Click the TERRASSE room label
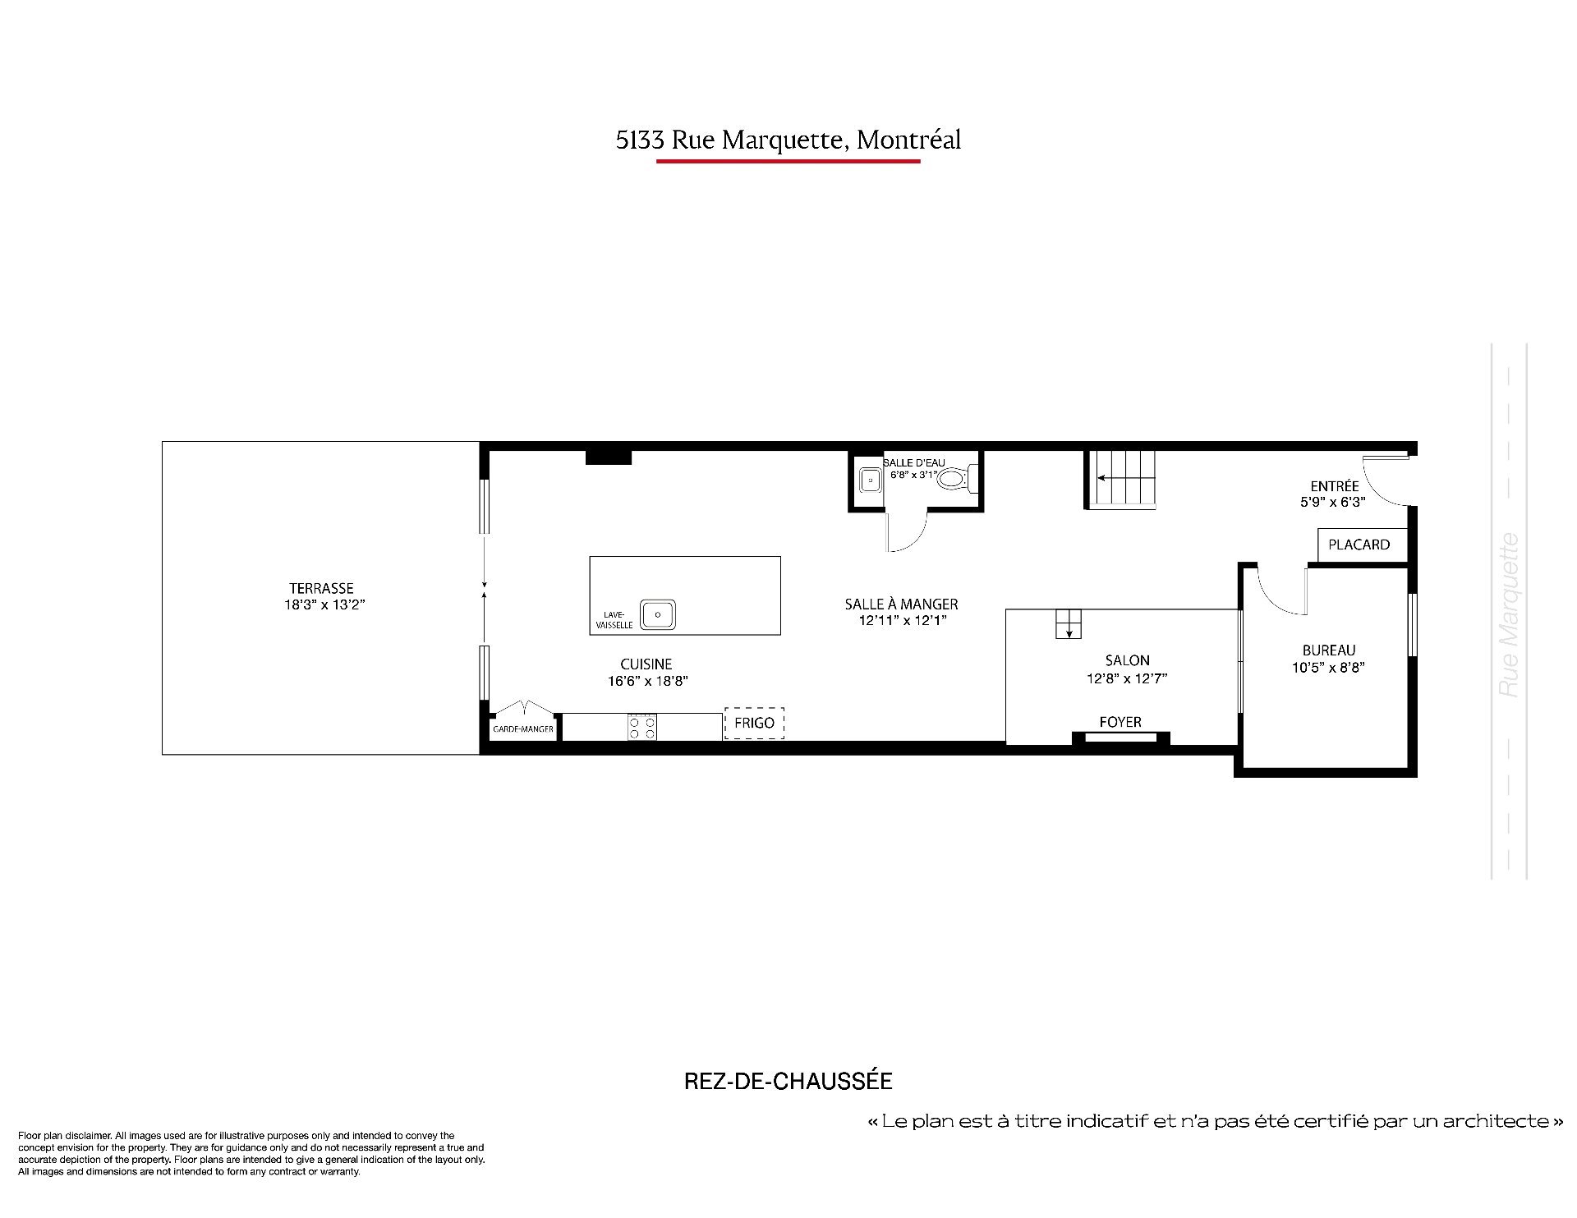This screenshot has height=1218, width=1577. [321, 588]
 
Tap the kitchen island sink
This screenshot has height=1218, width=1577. [658, 614]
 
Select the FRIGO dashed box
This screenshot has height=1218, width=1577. [754, 724]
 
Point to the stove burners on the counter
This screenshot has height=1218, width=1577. [642, 727]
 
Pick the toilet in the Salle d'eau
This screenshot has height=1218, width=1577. [957, 478]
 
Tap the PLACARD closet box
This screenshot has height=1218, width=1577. [1359, 545]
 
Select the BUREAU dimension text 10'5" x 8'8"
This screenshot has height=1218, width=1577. [1328, 668]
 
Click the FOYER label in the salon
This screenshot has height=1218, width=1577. [1120, 722]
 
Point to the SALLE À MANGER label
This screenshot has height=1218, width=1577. [901, 604]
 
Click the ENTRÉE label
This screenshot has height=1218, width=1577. [1335, 486]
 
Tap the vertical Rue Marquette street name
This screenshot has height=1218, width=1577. [1509, 615]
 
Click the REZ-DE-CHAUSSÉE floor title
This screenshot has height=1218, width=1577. [788, 1081]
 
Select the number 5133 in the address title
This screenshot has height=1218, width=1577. [641, 140]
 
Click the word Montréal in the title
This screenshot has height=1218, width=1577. [908, 140]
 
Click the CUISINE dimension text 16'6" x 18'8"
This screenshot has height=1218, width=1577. [647, 681]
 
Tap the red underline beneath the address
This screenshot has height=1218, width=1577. [788, 162]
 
